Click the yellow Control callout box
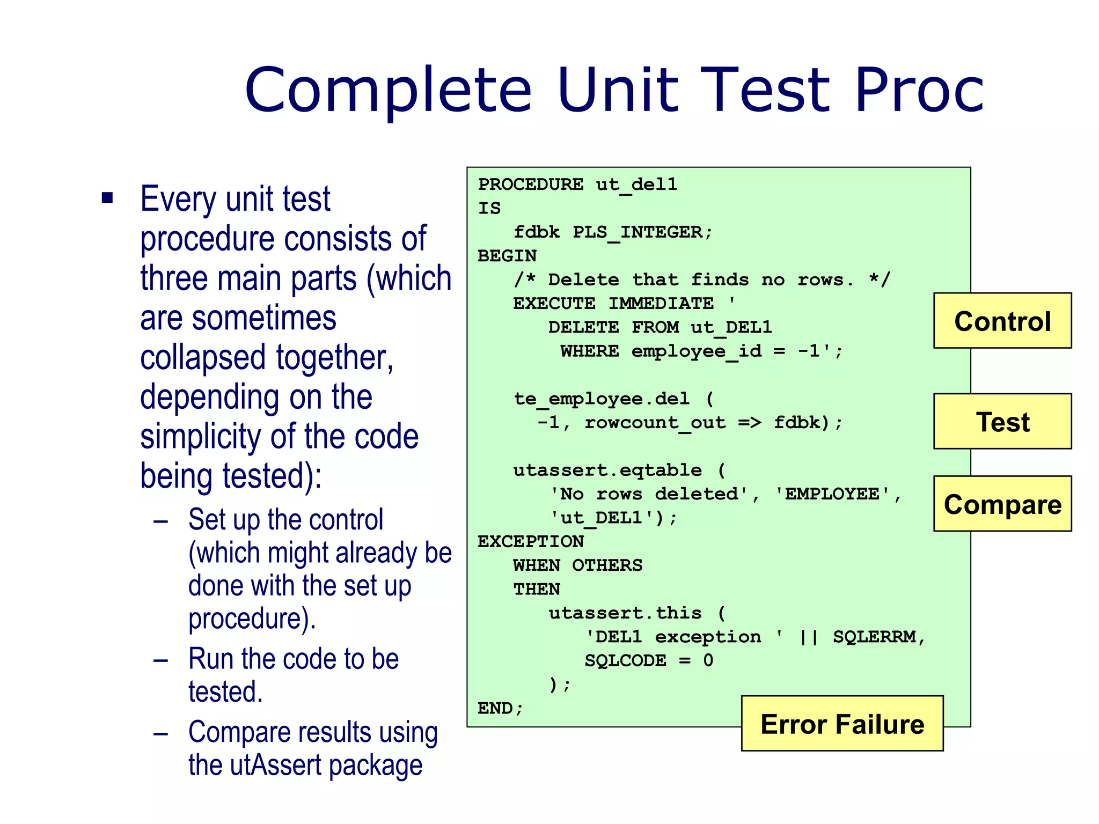click(x=1002, y=321)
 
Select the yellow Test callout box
click(x=1002, y=421)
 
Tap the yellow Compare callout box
click(x=1002, y=504)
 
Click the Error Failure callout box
click(x=842, y=724)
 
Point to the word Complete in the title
click(x=388, y=90)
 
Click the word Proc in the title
click(x=919, y=89)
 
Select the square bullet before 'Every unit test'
click(x=107, y=198)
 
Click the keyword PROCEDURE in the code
click(x=531, y=185)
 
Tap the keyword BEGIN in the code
click(x=507, y=256)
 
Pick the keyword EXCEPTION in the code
click(x=531, y=541)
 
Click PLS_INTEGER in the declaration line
click(x=637, y=232)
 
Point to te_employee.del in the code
click(x=601, y=399)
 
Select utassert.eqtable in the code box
click(x=607, y=470)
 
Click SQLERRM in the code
click(x=874, y=637)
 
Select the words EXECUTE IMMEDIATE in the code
click(x=613, y=304)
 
